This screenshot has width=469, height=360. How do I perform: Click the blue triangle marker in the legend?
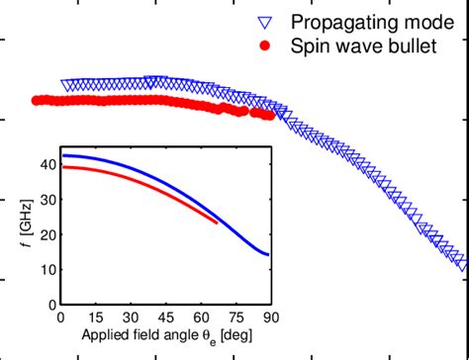(x=263, y=22)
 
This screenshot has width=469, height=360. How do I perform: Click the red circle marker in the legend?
(x=263, y=46)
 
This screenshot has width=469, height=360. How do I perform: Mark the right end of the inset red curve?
(x=217, y=223)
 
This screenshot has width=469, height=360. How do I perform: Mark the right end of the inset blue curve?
(x=267, y=255)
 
